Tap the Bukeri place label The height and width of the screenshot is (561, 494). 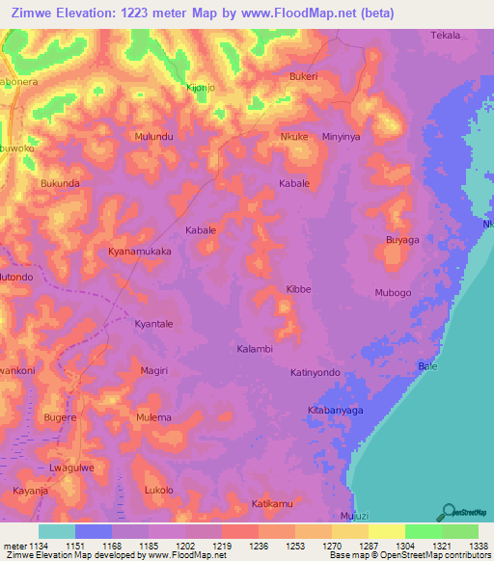303,75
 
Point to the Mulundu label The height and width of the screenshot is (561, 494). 154,138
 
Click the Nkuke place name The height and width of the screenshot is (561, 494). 293,137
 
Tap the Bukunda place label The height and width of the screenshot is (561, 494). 60,182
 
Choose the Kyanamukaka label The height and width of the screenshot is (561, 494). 140,251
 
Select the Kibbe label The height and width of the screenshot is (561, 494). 298,289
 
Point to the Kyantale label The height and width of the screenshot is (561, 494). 153,324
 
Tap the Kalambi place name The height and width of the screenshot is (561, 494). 255,348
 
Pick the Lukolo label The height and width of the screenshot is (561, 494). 158,490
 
